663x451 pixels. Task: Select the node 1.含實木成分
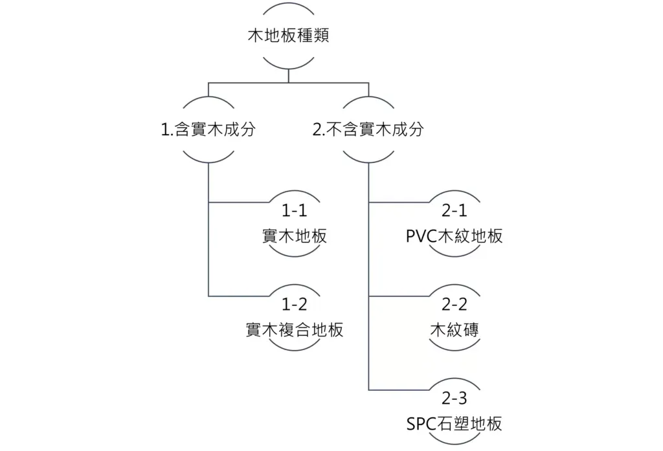[208, 129]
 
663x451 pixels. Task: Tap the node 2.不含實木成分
[368, 129]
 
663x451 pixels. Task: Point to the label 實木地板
[295, 236]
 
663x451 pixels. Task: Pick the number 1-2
[295, 305]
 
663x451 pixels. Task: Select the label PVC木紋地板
[454, 236]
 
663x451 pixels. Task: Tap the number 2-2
[454, 305]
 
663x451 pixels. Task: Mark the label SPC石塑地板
[454, 424]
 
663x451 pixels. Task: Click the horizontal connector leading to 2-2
[398, 296]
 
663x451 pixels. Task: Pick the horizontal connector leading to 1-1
[240, 202]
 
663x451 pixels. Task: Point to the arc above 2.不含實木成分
[368, 100]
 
